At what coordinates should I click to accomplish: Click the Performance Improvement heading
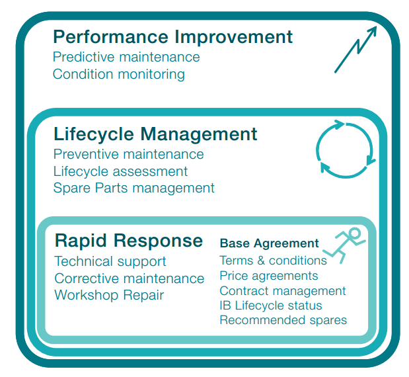coord(172,37)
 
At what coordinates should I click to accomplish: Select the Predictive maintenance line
coord(126,57)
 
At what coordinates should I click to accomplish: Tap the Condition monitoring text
coord(119,74)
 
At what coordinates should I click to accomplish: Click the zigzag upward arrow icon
coord(355,50)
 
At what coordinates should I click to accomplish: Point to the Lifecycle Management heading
coord(155,134)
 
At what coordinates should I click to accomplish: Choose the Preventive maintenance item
coord(129,154)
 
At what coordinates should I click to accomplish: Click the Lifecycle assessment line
coord(120,171)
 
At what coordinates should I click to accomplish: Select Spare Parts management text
coord(134,188)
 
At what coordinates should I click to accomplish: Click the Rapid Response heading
coord(129,241)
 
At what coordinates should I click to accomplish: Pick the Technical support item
coord(110,261)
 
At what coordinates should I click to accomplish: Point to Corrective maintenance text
coord(130,278)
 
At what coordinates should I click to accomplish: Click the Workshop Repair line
coord(109,295)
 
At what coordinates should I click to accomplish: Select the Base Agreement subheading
coord(269,243)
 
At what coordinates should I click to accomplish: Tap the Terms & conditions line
coord(273,261)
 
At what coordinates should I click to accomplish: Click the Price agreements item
coord(269,276)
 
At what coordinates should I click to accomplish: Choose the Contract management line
coord(283,291)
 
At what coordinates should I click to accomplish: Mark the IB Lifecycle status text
coord(271,306)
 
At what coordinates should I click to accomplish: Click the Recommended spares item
coord(283,320)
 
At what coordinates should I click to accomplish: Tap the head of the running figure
coord(355,233)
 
